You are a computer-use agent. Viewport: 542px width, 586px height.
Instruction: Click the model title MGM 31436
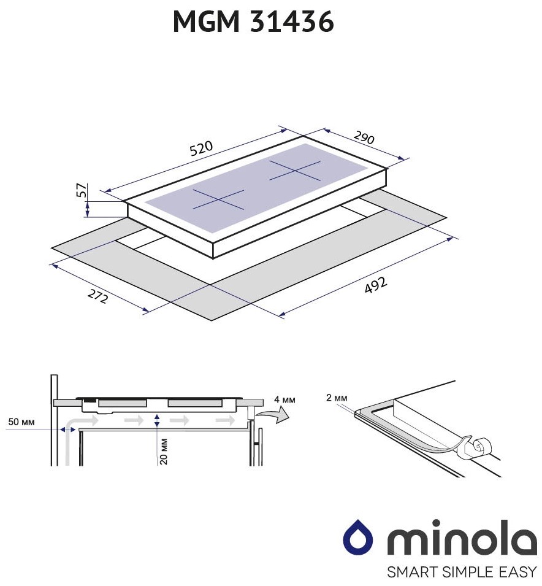pos(253,21)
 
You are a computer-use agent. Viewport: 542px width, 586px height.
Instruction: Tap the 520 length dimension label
pos(201,148)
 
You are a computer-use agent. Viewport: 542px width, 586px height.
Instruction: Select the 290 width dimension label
pos(364,137)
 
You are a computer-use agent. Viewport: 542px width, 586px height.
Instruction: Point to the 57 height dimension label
pos(82,190)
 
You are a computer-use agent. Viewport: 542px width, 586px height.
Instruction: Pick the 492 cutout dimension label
pos(375,285)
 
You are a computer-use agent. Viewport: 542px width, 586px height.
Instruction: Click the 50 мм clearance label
pos(21,422)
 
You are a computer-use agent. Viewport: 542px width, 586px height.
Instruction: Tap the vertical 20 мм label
pos(163,452)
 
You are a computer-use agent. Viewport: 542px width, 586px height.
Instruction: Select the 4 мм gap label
pos(284,399)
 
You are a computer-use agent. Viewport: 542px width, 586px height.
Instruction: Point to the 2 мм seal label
pos(337,398)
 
